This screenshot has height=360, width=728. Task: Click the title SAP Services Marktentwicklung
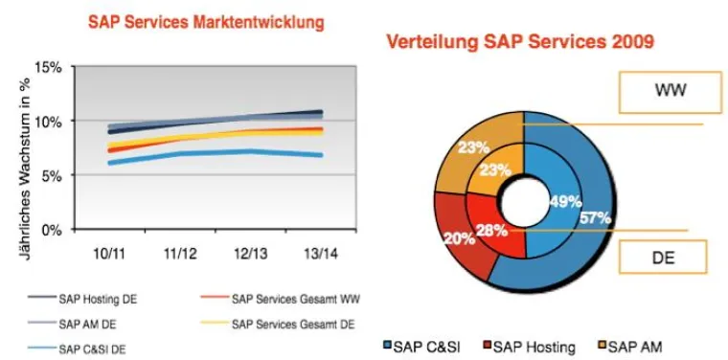point(206,20)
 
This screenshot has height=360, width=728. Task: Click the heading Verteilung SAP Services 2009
point(519,42)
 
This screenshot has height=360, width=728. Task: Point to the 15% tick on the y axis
point(49,67)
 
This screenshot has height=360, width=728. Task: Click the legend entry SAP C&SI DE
point(96,347)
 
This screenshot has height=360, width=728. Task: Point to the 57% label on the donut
point(595,218)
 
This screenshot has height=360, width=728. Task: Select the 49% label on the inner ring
point(560,201)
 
